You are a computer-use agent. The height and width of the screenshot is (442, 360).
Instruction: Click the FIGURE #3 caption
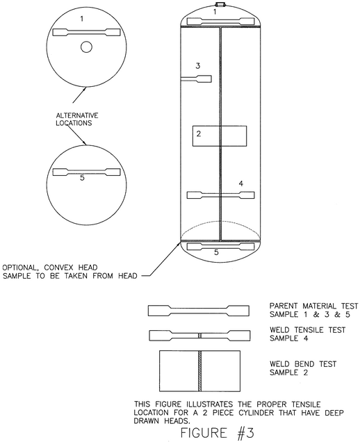(217, 433)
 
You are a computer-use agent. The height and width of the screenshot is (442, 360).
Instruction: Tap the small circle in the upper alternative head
(86, 47)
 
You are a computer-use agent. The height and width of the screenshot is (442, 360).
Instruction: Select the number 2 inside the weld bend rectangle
(199, 133)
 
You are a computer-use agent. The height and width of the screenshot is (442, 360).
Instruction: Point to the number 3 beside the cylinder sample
(198, 66)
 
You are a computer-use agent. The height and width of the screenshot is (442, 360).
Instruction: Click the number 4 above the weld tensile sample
(240, 183)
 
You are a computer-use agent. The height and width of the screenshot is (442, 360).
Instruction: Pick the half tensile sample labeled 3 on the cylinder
(196, 79)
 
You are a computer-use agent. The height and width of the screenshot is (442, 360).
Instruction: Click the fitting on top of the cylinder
(220, 4)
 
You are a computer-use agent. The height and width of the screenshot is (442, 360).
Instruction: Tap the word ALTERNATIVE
(77, 115)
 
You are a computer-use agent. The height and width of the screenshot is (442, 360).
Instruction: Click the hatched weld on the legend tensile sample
(199, 336)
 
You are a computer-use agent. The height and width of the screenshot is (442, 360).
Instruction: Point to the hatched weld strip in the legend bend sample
(199, 371)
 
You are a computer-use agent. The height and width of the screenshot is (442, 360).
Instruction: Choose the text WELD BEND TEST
(303, 364)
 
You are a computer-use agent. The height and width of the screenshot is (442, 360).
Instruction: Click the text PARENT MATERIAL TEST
(313, 306)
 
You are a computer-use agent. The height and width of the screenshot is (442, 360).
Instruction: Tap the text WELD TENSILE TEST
(308, 330)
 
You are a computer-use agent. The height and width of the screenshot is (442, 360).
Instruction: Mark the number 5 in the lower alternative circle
(82, 178)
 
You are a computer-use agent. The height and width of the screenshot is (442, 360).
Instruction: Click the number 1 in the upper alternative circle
(82, 19)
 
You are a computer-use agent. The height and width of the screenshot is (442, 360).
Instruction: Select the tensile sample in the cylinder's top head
(220, 21)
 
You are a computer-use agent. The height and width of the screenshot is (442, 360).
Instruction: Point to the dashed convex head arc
(220, 221)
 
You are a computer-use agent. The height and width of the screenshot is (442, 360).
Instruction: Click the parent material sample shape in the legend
(199, 311)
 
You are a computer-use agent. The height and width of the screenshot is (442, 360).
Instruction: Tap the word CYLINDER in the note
(256, 413)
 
